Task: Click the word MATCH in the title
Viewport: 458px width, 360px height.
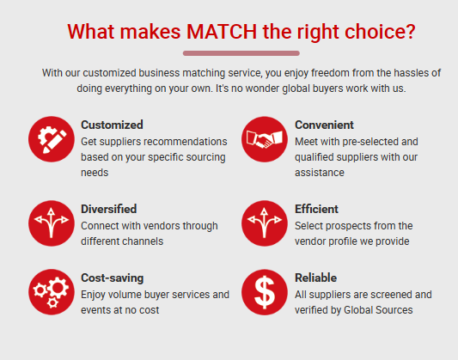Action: [222, 31]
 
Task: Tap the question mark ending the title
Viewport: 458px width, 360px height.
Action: [410, 31]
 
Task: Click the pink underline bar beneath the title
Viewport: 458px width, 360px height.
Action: [241, 53]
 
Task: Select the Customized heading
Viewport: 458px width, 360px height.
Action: [112, 125]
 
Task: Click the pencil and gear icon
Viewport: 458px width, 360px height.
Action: [52, 139]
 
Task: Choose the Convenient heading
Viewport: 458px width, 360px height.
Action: [324, 125]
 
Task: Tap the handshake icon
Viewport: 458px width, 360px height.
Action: [265, 139]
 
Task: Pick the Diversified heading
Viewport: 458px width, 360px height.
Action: [108, 209]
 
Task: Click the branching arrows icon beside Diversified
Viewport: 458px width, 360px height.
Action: [52, 223]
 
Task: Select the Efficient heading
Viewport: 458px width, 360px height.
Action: [316, 209]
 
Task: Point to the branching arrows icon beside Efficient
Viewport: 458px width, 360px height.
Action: [265, 223]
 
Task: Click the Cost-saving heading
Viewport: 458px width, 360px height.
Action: [113, 278]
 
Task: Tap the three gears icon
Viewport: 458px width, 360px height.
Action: [52, 292]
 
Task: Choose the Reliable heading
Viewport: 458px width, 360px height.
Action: [315, 278]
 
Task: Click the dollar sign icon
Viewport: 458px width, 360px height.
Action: [265, 292]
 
